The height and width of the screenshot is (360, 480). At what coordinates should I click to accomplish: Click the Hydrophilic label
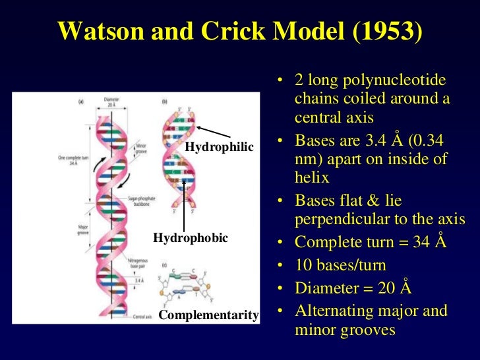(220, 146)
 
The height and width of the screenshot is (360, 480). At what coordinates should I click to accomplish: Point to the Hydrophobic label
(191, 237)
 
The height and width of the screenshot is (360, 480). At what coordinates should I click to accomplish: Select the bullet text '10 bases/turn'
(340, 265)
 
